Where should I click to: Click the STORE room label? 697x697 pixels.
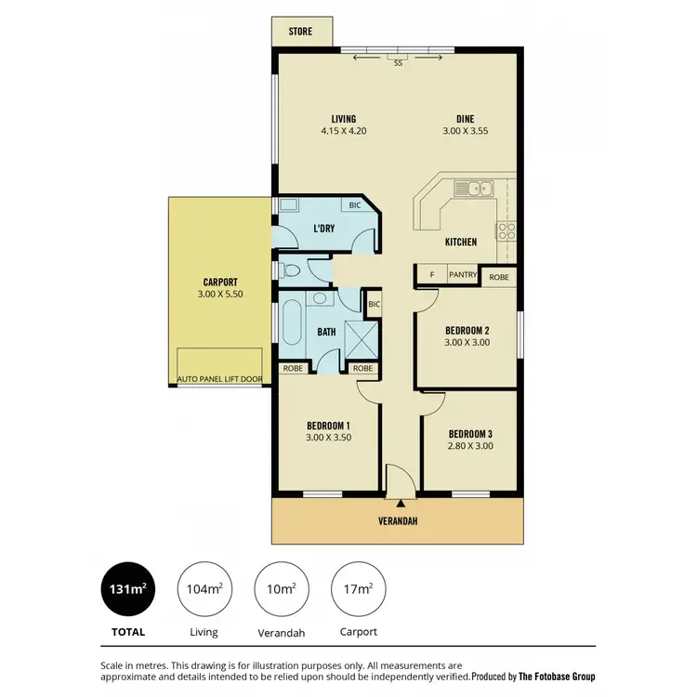299,32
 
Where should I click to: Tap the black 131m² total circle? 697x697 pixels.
126,588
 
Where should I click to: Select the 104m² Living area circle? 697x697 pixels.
204,588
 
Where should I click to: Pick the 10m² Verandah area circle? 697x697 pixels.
281,588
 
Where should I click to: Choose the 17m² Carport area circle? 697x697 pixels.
358,588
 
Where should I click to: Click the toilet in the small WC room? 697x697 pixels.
290,271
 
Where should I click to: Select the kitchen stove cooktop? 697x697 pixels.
507,230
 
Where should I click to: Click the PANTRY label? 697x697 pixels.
463,276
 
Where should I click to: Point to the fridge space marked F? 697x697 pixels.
431,276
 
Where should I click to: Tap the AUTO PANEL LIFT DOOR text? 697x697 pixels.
220,380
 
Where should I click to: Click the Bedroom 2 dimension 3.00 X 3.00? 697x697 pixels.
467,342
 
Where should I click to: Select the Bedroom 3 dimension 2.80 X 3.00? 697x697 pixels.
469,446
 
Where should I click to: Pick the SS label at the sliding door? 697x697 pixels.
398,63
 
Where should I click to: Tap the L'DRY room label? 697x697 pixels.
323,228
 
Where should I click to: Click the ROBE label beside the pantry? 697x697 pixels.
499,276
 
